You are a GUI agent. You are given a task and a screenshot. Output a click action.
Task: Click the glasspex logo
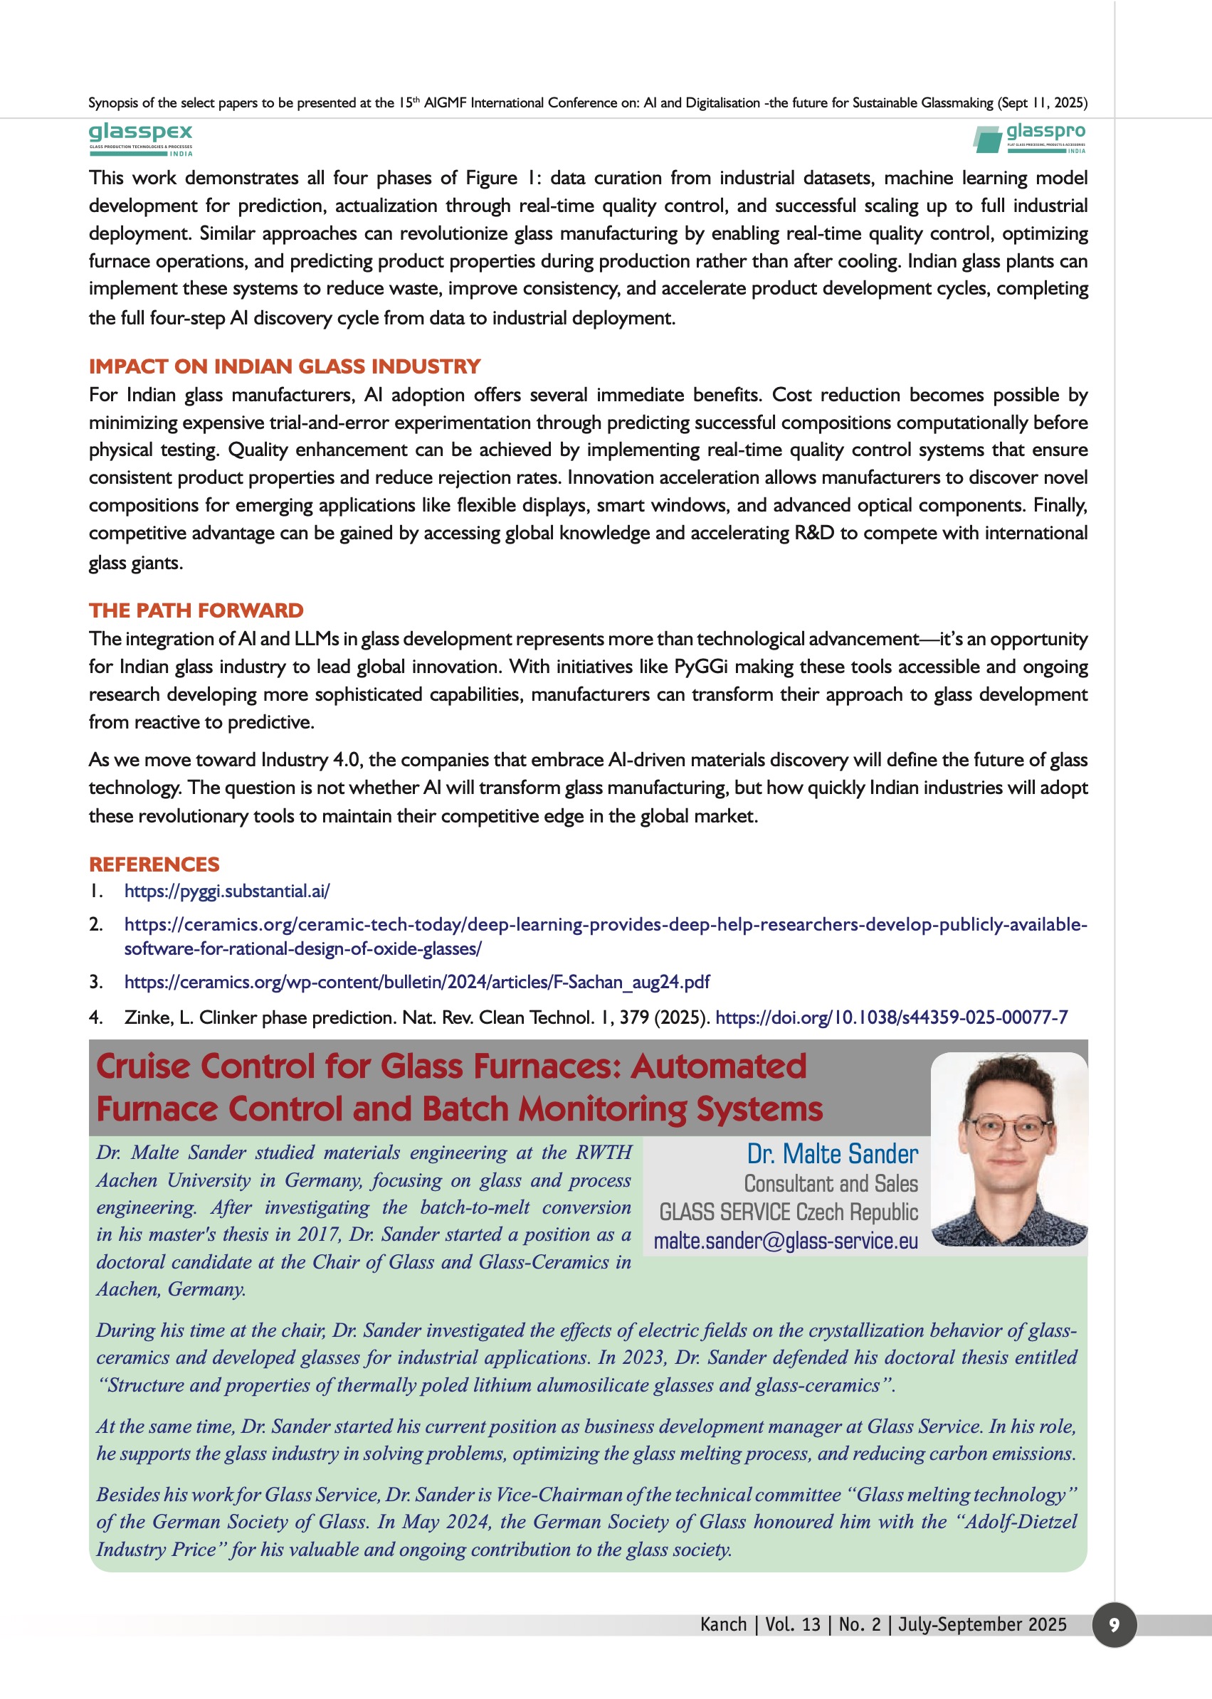pos(140,139)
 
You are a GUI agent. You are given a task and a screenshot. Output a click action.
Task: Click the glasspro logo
pos(1030,139)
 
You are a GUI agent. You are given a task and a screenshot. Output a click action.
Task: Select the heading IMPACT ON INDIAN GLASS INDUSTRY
pos(285,366)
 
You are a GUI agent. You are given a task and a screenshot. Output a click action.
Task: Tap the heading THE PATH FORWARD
pos(196,610)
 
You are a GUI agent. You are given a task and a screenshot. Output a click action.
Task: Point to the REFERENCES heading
pos(154,864)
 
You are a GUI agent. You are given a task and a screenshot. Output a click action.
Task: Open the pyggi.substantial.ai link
pos(227,891)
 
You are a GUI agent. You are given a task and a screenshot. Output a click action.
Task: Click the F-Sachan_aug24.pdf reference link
pos(416,982)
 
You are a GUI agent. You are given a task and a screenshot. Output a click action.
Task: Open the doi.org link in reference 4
pos(891,1017)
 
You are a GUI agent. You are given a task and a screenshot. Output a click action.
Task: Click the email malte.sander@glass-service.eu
pos(785,1241)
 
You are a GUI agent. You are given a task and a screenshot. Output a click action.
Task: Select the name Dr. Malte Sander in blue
pos(832,1154)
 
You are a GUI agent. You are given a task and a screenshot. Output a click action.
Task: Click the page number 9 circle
pos(1114,1625)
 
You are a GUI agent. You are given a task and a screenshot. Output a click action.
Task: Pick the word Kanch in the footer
pos(723,1625)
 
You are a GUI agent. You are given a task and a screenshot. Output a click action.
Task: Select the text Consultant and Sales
pos(831,1184)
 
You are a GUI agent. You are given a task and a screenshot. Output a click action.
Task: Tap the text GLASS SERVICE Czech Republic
pos(788,1212)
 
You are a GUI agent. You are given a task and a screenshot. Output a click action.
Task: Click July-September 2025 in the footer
pos(982,1625)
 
